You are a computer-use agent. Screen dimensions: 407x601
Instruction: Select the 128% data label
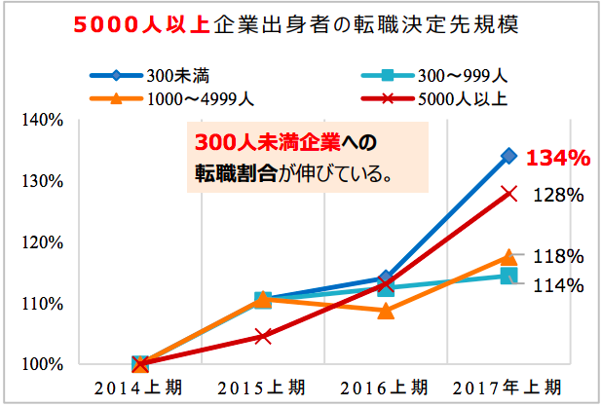[x=558, y=195]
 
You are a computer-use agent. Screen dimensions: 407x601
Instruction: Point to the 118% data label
[x=558, y=256]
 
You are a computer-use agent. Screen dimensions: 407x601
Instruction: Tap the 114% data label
[x=558, y=285]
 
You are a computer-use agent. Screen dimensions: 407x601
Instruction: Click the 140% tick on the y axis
[x=42, y=121]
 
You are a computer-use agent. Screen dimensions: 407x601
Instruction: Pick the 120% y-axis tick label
[x=42, y=242]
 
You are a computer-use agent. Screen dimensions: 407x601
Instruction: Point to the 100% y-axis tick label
[x=42, y=364]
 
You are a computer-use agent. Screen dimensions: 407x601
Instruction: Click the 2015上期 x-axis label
[x=263, y=388]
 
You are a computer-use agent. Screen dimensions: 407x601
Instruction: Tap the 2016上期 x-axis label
[x=386, y=388]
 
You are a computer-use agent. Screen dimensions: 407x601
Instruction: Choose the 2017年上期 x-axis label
[x=508, y=388]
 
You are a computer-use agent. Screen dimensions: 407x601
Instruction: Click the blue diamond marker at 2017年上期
[x=508, y=155]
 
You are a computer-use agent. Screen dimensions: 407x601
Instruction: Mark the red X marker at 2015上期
[x=263, y=336]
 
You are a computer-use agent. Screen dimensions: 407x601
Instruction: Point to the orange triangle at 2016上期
[x=386, y=311]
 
